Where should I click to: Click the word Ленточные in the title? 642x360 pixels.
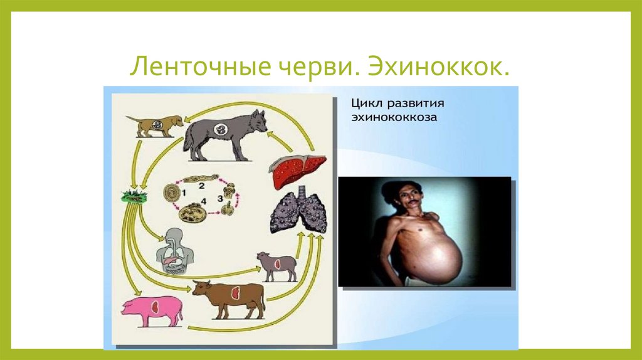coord(182,66)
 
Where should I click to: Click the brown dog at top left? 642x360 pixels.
coord(154,124)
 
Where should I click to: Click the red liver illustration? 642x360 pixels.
coord(297,170)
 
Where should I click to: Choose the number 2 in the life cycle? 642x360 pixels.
coord(202,186)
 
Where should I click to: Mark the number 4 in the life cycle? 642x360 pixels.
coord(203,202)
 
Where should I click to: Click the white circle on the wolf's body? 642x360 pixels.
coord(221,130)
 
